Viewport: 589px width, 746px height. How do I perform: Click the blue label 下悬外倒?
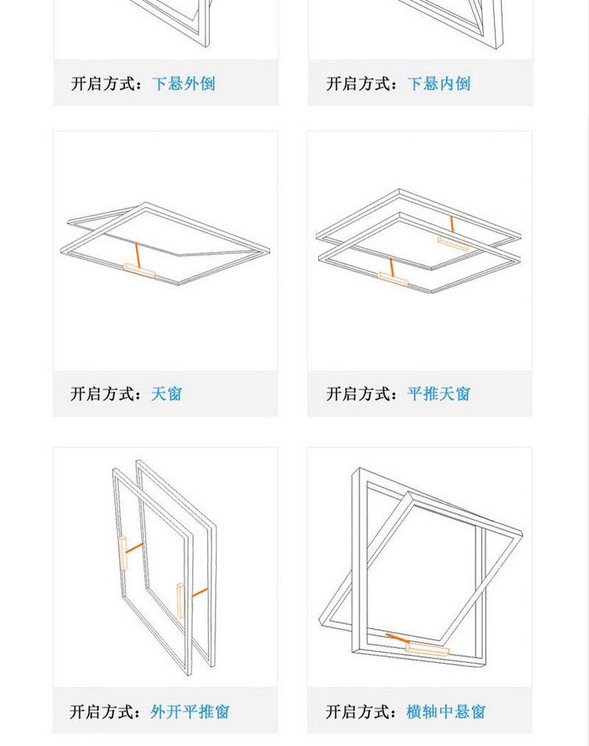(x=183, y=83)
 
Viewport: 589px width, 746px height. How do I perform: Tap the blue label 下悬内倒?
(x=439, y=83)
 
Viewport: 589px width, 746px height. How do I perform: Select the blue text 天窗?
(x=166, y=394)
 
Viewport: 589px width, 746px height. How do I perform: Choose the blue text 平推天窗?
(x=439, y=394)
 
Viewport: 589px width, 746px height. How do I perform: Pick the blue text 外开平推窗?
(x=190, y=712)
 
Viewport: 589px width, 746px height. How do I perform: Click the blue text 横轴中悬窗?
(x=446, y=712)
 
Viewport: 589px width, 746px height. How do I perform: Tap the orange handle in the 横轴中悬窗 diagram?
(x=427, y=649)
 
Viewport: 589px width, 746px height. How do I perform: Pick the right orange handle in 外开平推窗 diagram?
(x=180, y=599)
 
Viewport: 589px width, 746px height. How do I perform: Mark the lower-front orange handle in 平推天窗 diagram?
(x=393, y=278)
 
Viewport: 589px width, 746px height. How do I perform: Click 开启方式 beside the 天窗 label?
(x=105, y=394)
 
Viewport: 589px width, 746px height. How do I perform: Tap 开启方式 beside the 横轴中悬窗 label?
(x=360, y=712)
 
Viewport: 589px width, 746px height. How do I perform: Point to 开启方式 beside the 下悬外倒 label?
(x=105, y=83)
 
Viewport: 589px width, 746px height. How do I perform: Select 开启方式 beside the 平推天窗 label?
(x=360, y=394)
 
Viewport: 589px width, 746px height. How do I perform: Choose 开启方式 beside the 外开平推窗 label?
(x=105, y=712)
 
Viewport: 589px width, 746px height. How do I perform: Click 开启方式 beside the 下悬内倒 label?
(x=360, y=83)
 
